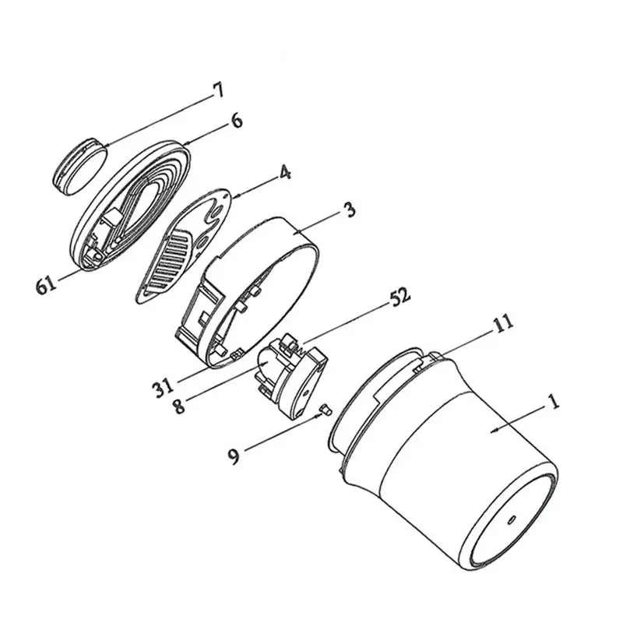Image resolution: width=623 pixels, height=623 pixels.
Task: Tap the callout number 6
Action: (x=237, y=120)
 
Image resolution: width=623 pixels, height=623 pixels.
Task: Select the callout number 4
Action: (x=285, y=172)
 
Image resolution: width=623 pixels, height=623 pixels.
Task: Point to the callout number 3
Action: (x=350, y=209)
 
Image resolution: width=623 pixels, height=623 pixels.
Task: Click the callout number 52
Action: (x=399, y=295)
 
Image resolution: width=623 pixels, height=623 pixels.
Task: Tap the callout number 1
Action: (x=554, y=401)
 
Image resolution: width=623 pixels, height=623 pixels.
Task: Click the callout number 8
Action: (x=179, y=405)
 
